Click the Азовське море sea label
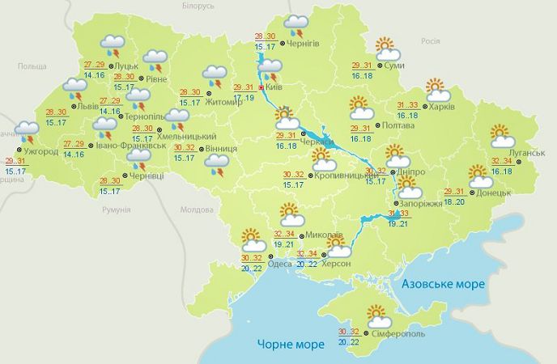443,284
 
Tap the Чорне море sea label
288,341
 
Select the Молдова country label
194,210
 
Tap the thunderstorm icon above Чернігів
296,27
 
